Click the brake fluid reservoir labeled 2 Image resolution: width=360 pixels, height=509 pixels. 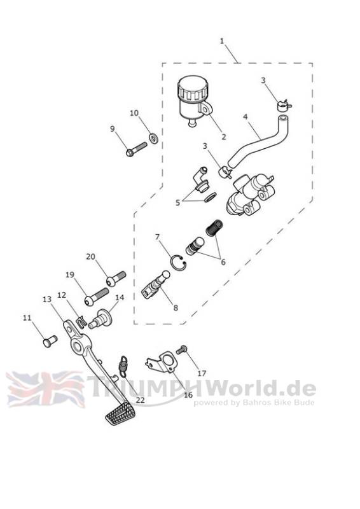193,99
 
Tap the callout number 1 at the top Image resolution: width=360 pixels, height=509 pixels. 222,41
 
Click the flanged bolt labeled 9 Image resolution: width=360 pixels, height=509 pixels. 136,150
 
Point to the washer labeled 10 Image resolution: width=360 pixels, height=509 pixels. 153,137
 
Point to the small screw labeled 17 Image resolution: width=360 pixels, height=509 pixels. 181,350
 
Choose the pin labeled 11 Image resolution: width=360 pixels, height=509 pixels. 50,341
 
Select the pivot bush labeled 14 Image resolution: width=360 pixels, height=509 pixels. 100,319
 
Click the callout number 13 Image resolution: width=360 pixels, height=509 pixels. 47,299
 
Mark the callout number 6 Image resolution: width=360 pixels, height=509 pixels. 223,261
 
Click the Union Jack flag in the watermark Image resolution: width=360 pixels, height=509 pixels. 45,389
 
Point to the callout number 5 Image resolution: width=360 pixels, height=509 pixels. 177,202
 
